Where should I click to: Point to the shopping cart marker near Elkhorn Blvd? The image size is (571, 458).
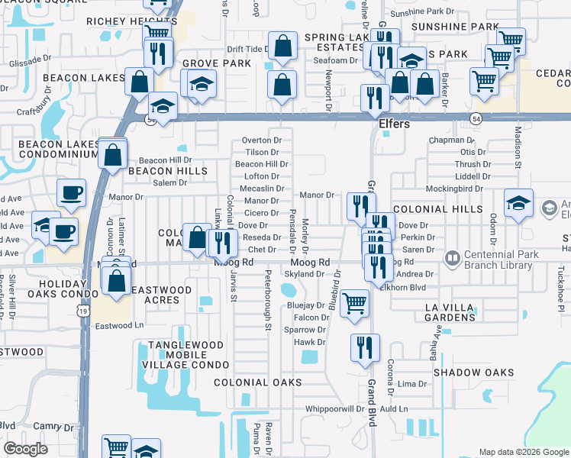coord(354,303)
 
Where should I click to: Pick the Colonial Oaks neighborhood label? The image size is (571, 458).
coord(257,382)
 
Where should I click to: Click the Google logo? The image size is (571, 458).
coord(26,448)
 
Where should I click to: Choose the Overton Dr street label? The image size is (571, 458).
coord(261,140)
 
